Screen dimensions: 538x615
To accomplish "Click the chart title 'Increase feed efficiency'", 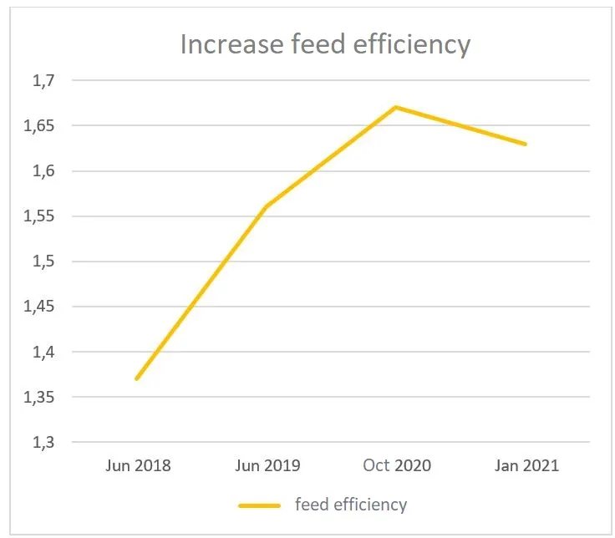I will [325, 44].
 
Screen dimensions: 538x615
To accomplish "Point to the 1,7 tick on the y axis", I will [41, 81].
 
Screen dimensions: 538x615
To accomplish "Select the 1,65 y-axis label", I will [37, 126].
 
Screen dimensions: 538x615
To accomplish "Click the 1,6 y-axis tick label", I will [41, 171].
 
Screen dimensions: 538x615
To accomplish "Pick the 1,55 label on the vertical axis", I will [37, 216].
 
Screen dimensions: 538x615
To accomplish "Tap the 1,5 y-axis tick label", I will [41, 261].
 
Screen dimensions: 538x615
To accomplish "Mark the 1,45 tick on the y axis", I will [37, 307].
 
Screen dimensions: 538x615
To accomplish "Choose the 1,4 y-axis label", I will [41, 352].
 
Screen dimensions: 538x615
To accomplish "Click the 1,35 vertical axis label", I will [37, 397].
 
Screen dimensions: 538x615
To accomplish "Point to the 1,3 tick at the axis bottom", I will [41, 442].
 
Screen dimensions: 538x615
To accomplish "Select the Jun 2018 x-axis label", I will [138, 465].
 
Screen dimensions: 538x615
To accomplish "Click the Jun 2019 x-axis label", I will [267, 465].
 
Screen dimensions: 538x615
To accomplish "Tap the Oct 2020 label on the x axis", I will [397, 465].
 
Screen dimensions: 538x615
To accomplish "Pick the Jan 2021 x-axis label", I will [526, 465].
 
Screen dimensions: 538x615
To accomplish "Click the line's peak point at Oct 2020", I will [396, 107].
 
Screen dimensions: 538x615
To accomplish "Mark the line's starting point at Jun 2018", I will [137, 378].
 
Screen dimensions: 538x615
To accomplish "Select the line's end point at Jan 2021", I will [526, 144].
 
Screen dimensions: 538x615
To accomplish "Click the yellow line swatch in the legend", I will [259, 505].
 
